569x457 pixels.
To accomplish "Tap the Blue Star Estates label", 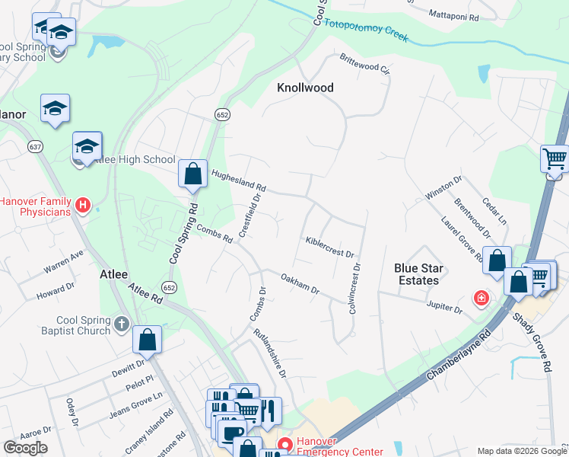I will (x=417, y=274).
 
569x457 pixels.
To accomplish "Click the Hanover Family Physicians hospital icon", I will (x=84, y=206).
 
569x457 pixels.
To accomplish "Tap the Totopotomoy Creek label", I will (x=366, y=30).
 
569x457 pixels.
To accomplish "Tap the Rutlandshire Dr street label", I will (x=270, y=352).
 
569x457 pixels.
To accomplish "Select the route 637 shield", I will (x=35, y=145).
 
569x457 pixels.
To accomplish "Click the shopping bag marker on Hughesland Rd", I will (x=193, y=174).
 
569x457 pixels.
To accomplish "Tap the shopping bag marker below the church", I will (x=147, y=340).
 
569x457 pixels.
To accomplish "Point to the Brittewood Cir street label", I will (x=364, y=63).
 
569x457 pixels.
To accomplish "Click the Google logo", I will (x=25, y=448).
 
